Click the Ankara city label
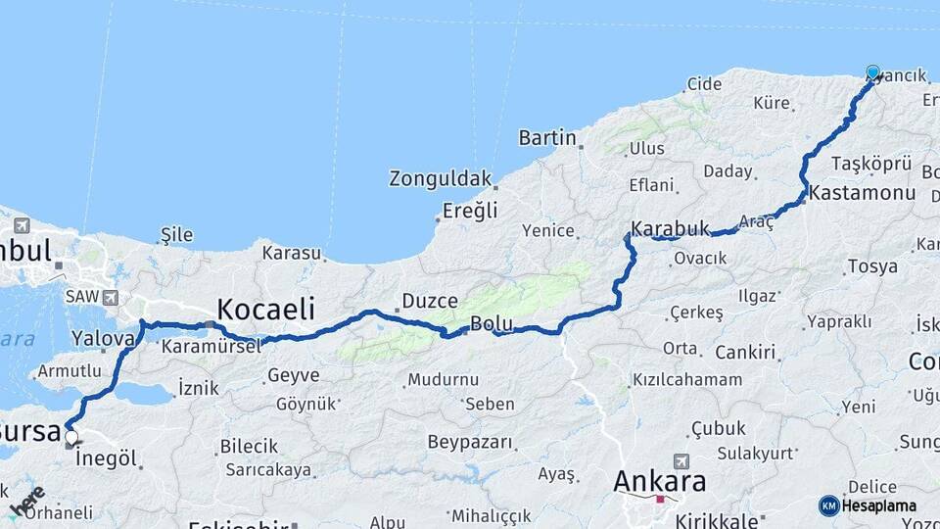(660, 482)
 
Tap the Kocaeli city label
(265, 310)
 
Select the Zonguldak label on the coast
(440, 178)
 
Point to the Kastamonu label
(862, 192)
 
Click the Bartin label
(547, 137)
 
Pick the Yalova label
(103, 339)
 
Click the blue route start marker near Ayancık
(872, 72)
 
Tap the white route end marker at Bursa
(70, 437)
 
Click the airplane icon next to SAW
(109, 297)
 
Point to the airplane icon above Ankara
(681, 460)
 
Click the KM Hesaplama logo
(868, 505)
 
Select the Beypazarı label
(471, 442)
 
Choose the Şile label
(176, 235)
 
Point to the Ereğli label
(470, 210)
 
